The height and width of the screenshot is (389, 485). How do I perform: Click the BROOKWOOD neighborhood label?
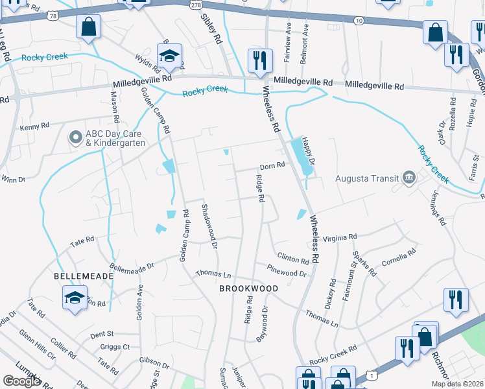click(248, 288)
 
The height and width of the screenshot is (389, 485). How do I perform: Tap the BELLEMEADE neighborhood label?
click(84, 276)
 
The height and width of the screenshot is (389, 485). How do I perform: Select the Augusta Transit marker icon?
click(409, 177)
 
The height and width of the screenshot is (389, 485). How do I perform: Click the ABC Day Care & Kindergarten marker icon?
click(75, 137)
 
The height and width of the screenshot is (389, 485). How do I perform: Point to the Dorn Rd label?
click(272, 165)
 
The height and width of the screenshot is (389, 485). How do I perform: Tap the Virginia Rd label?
click(340, 238)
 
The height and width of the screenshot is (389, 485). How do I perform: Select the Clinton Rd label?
click(293, 258)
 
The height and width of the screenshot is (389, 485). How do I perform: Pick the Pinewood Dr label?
click(287, 270)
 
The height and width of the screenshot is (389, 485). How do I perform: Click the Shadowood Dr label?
click(208, 224)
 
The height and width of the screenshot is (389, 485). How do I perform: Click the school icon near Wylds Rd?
click(169, 56)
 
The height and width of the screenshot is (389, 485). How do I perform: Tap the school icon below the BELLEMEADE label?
click(75, 298)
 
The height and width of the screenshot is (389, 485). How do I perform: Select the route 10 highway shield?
click(359, 21)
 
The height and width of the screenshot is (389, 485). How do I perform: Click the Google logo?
click(21, 381)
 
